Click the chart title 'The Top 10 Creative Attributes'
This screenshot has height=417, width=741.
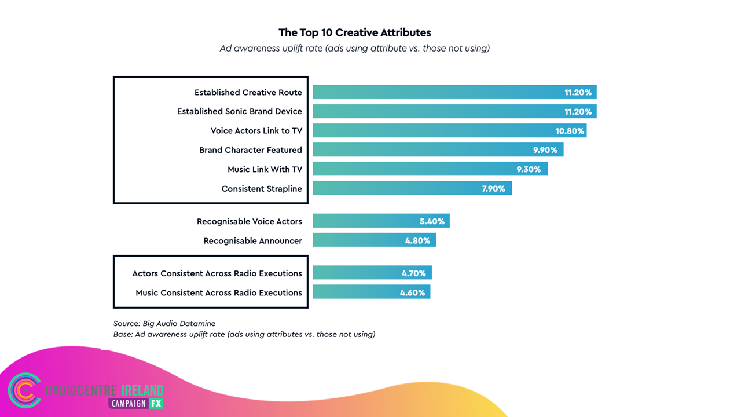point(355,32)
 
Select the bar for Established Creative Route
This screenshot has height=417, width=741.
point(454,92)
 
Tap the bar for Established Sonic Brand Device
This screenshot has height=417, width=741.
point(454,111)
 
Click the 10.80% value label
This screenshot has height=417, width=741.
point(570,131)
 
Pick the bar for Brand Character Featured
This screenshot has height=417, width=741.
point(438,149)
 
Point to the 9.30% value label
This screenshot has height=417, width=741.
point(529,170)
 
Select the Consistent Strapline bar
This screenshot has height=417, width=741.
point(412,188)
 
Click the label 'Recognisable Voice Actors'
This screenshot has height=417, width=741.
point(249,221)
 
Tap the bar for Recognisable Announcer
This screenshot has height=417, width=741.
point(374,240)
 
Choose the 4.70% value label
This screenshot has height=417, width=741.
point(413,273)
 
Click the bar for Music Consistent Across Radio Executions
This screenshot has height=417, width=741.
point(372,291)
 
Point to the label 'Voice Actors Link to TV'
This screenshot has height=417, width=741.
point(256,131)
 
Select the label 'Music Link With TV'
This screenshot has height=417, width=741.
point(265,170)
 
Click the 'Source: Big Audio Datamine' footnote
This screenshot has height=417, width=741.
point(164,323)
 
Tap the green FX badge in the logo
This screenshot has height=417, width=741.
point(156,404)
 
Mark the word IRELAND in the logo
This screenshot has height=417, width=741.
point(142,390)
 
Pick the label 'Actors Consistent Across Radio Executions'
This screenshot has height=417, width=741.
point(217,273)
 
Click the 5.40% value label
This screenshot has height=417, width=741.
point(432,221)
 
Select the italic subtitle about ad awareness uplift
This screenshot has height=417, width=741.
point(355,48)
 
